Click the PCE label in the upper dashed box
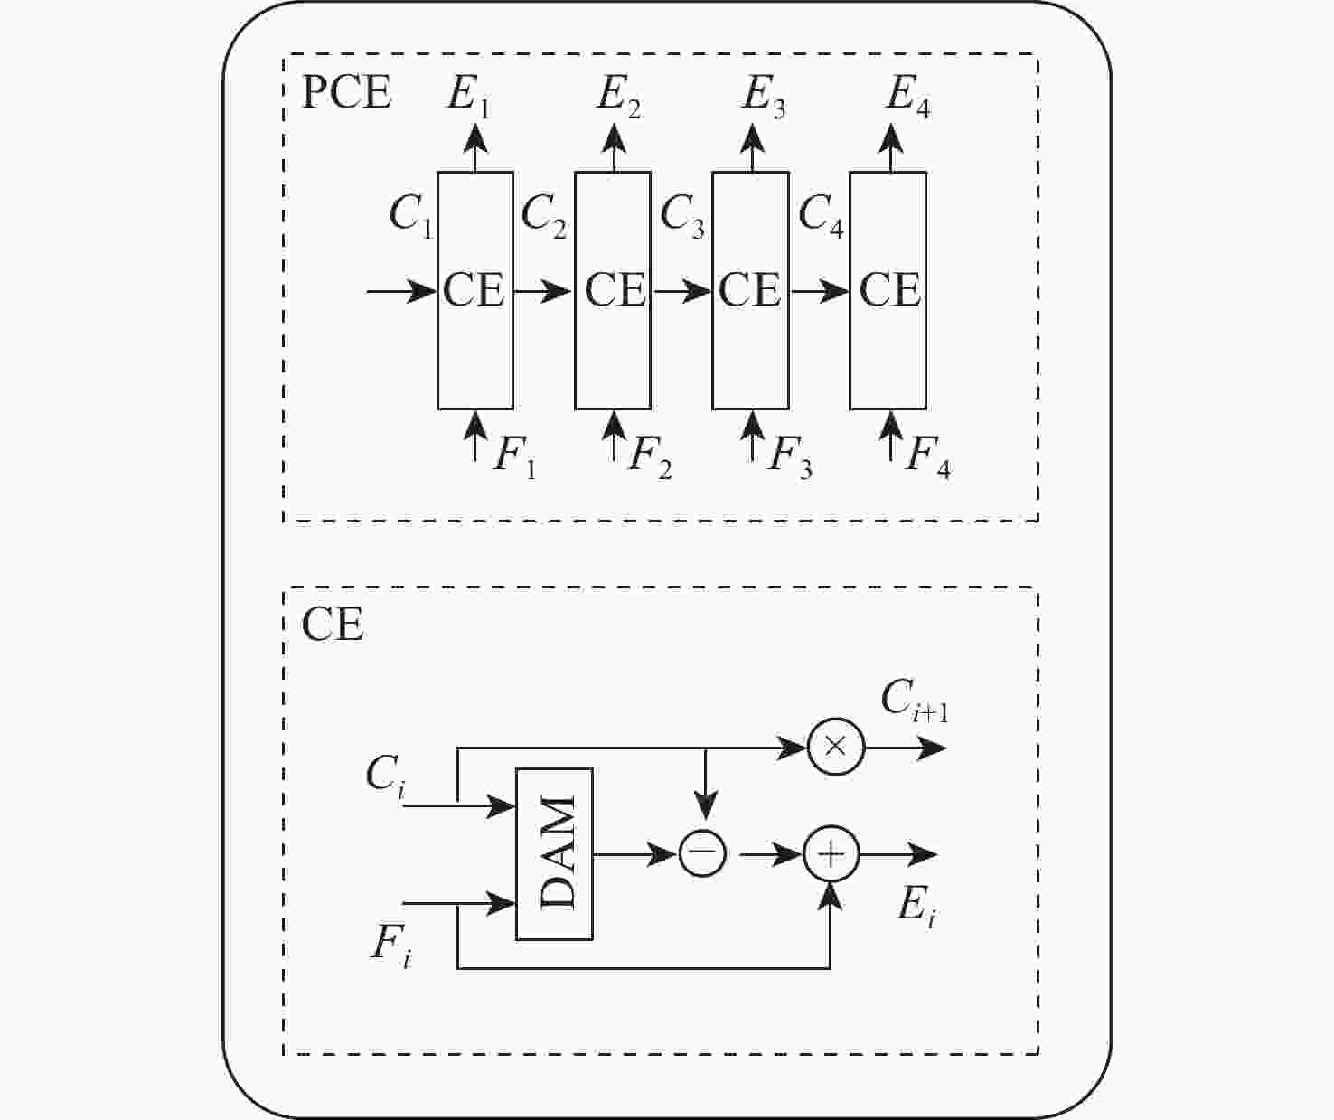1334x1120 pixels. pos(346,92)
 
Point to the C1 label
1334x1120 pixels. pos(411,216)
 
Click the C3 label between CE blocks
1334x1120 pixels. pos(682,216)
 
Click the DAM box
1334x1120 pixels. pos(554,853)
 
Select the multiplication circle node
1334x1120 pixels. pos(836,748)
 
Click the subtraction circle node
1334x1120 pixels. pos(703,853)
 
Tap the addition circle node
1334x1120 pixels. pos(831,853)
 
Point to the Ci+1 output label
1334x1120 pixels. pos(914,701)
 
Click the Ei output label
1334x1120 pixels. pos(916,906)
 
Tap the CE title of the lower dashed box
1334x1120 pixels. pos(333,625)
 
